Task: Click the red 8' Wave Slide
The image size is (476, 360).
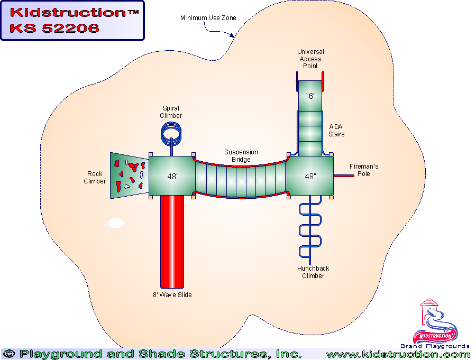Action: (x=172, y=241)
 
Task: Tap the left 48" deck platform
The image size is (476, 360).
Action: (x=172, y=176)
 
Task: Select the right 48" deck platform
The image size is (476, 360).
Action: (x=310, y=176)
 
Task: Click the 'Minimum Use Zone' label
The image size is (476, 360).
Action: (x=208, y=18)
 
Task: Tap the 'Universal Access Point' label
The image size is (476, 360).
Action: (x=310, y=59)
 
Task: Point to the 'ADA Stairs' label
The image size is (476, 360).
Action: (x=337, y=131)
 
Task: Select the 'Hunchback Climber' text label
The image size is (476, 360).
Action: (x=313, y=272)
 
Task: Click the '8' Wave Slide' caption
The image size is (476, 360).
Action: (x=172, y=295)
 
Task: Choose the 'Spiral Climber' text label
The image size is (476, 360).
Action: (x=171, y=112)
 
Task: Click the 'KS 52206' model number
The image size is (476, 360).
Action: (x=54, y=29)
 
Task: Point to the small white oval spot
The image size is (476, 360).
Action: (x=116, y=223)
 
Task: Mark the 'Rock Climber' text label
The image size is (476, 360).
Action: (x=95, y=178)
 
